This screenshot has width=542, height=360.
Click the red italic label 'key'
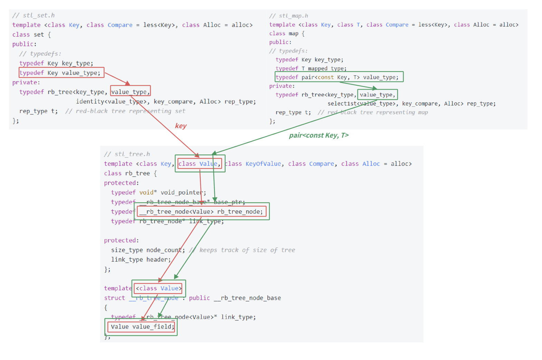point(181,126)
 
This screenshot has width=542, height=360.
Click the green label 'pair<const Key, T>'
point(318,135)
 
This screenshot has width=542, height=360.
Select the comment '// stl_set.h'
point(34,15)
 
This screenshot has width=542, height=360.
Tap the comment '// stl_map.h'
point(288,16)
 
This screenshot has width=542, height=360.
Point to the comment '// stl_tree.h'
point(127,154)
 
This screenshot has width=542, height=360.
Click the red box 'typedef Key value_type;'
point(61,73)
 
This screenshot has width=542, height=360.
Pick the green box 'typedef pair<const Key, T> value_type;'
point(339,77)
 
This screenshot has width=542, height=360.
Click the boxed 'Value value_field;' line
point(141,327)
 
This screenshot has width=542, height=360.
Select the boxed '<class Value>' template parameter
point(159,288)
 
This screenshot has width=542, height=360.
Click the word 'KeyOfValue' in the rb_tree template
point(263,164)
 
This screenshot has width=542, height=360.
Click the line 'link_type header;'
point(141,260)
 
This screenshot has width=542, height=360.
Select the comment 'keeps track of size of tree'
point(247,250)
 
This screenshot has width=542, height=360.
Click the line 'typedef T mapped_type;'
point(311,68)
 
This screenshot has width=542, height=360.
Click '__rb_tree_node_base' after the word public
point(247,298)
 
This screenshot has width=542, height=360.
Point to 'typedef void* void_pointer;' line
point(159,192)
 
